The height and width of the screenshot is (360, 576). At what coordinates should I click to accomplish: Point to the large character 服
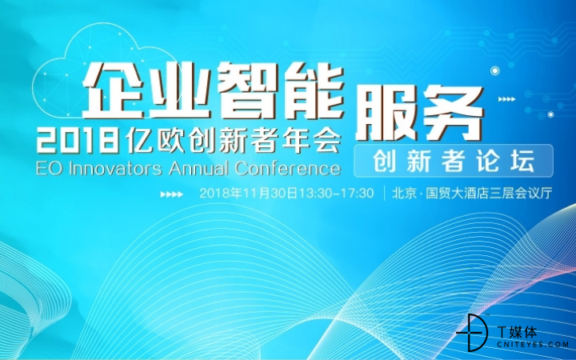(387, 113)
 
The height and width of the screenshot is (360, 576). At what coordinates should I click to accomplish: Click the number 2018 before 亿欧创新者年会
(78, 142)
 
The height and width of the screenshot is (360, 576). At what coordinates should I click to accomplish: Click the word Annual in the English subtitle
(198, 169)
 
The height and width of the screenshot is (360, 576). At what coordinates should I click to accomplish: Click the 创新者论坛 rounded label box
(454, 161)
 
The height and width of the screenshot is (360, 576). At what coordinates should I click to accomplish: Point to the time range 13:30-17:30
(337, 194)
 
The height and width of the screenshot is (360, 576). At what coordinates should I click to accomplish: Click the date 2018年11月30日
(249, 194)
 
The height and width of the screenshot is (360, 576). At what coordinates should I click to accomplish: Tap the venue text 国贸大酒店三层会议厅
(489, 194)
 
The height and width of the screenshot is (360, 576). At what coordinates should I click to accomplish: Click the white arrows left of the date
(172, 194)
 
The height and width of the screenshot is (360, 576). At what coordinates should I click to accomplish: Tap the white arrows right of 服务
(507, 99)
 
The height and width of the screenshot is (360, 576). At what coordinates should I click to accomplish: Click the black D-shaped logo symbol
(473, 333)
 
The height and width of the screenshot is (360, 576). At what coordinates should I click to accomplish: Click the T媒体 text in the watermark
(517, 332)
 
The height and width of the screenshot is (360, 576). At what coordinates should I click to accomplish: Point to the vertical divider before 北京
(385, 194)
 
